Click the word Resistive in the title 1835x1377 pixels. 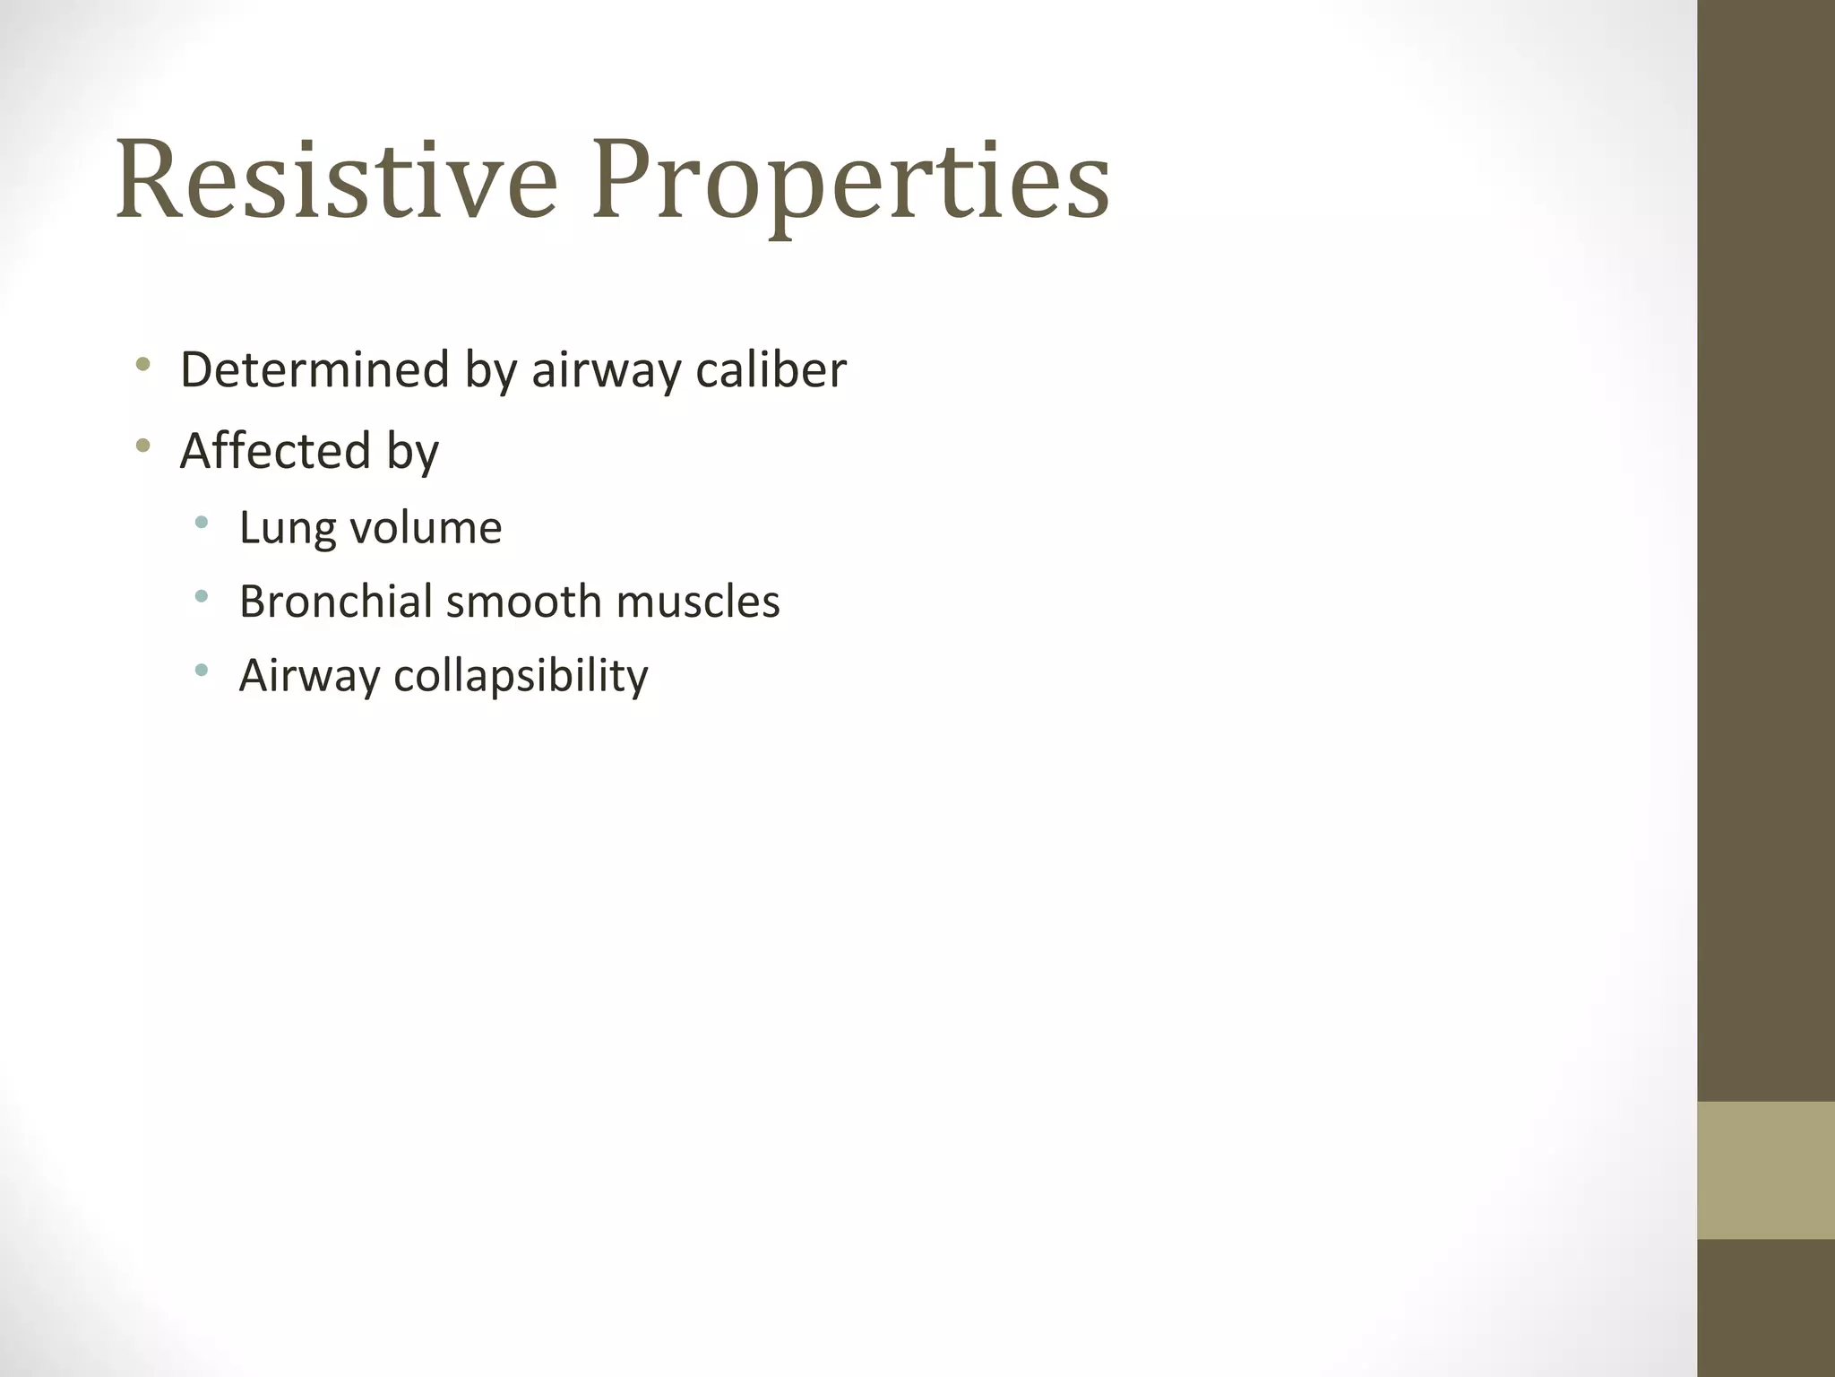click(x=336, y=179)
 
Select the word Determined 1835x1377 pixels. click(x=314, y=369)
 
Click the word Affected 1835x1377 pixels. click(x=275, y=450)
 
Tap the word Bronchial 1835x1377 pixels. click(x=335, y=601)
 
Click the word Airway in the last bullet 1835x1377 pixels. click(x=309, y=676)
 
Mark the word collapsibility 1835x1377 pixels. click(x=521, y=676)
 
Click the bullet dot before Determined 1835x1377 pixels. click(x=142, y=364)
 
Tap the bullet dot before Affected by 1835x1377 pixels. click(x=142, y=445)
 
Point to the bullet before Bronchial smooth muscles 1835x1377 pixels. click(x=201, y=595)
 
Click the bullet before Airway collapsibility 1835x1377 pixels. click(x=201, y=669)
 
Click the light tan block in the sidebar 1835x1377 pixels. click(x=1766, y=1170)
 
